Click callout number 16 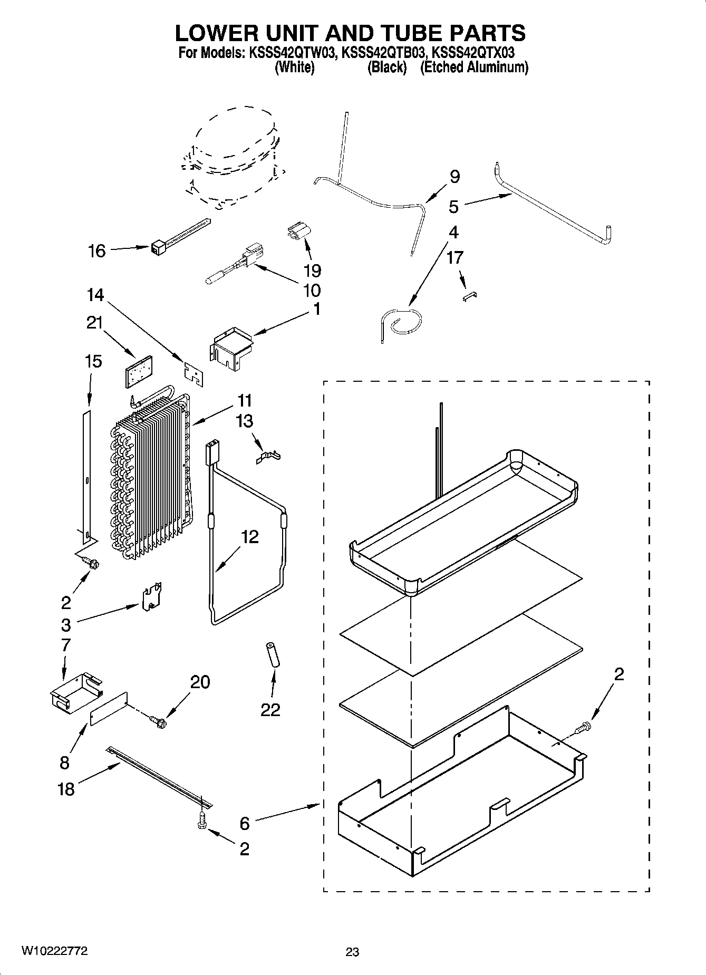(x=98, y=250)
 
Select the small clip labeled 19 (x=299, y=232)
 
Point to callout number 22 (x=270, y=710)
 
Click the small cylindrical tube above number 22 (x=273, y=656)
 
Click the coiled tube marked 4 (x=403, y=322)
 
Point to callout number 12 (x=250, y=537)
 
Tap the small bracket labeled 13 (x=268, y=455)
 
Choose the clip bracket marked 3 (x=151, y=596)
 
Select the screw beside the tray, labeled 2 (x=583, y=727)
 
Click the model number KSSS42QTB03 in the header (x=384, y=53)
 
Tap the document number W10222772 (x=54, y=951)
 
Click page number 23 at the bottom (x=352, y=952)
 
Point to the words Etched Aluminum (x=474, y=67)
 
